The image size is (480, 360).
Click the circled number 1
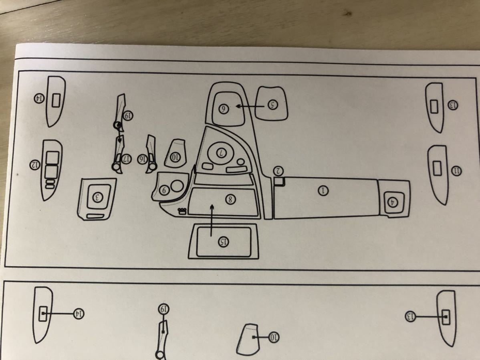point(323,191)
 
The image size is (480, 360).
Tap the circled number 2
point(279,171)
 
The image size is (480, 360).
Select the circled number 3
point(98,197)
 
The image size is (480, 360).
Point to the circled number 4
point(393,202)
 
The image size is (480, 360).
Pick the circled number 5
point(272,105)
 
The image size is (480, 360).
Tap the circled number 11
point(456,171)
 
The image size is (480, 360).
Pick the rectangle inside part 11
point(437,168)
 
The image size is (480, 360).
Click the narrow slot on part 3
point(95,216)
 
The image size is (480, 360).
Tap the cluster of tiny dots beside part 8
point(182,210)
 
